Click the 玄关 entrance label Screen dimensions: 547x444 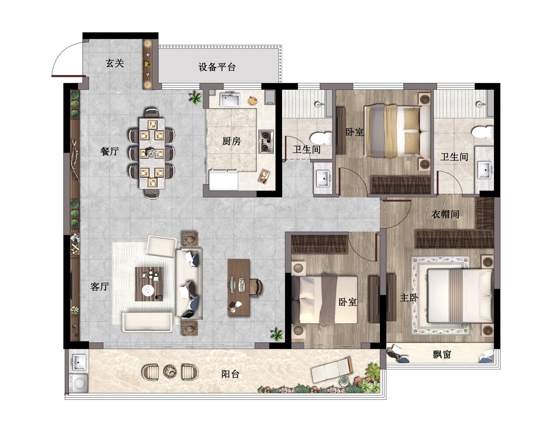[x=115, y=63]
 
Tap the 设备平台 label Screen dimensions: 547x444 [x=217, y=67]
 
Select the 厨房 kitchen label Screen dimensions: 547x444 [x=231, y=141]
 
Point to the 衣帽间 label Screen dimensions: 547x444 [x=445, y=214]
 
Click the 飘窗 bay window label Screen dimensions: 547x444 [x=442, y=355]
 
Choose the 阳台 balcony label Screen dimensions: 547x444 [x=230, y=374]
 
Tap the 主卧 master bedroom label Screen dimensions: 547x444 [x=409, y=298]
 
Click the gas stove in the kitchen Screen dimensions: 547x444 [x=266, y=142]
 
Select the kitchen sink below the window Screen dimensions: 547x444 [x=230, y=99]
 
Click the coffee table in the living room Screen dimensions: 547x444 [x=149, y=284]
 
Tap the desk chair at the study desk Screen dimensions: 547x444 [x=256, y=287]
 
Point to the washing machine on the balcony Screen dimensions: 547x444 [x=79, y=384]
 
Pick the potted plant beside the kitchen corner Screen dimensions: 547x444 [x=195, y=98]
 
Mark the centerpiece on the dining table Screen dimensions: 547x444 [x=153, y=153]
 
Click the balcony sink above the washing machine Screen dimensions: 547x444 [x=79, y=362]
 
